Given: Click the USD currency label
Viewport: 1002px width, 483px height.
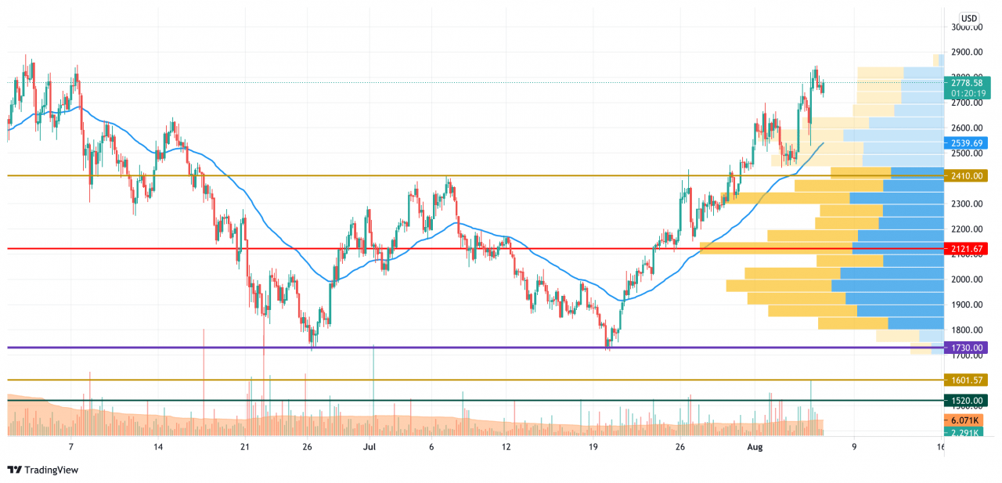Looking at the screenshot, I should tap(969, 18).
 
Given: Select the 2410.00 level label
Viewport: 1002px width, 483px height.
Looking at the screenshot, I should tap(967, 176).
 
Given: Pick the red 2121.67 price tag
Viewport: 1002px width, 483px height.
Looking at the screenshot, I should tap(967, 249).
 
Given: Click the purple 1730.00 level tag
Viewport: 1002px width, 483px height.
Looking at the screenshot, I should tap(967, 348).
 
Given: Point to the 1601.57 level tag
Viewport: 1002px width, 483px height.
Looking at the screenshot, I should tap(967, 380).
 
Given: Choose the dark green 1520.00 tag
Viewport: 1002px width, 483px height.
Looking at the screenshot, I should tap(967, 400).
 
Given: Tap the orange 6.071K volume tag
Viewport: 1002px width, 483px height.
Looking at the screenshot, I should tap(967, 420).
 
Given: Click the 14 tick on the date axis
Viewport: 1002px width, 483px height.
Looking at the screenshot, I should tap(158, 447).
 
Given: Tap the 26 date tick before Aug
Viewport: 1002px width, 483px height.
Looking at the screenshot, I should tap(680, 447).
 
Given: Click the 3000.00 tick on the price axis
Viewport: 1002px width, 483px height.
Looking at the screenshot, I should tap(967, 27).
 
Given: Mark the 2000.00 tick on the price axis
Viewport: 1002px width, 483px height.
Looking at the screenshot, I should tap(967, 279).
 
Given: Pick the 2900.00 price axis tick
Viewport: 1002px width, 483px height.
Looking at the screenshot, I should tap(967, 52).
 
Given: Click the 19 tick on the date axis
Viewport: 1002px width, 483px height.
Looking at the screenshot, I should tap(593, 447).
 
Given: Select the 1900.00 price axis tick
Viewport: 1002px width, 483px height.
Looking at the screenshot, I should tap(967, 305).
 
